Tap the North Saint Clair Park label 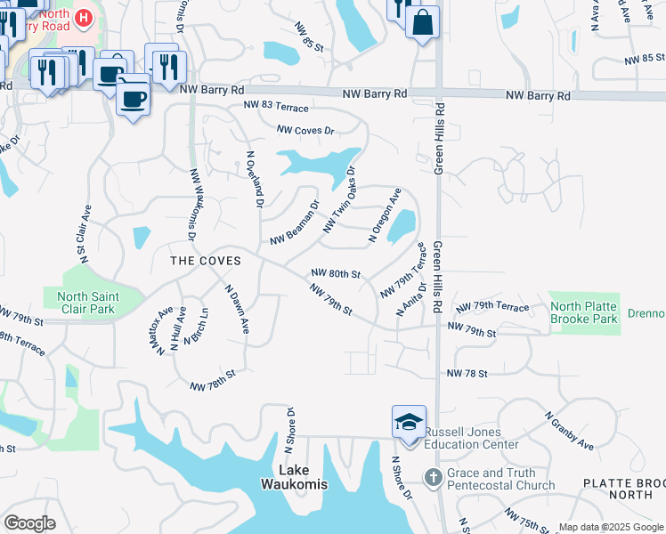click(85, 303)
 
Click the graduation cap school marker click(409, 422)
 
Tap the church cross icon click(433, 479)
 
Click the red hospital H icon click(83, 17)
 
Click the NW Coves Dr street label click(305, 130)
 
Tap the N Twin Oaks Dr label click(339, 199)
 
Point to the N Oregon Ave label click(386, 215)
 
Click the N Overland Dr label click(253, 178)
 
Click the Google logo click(29, 523)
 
